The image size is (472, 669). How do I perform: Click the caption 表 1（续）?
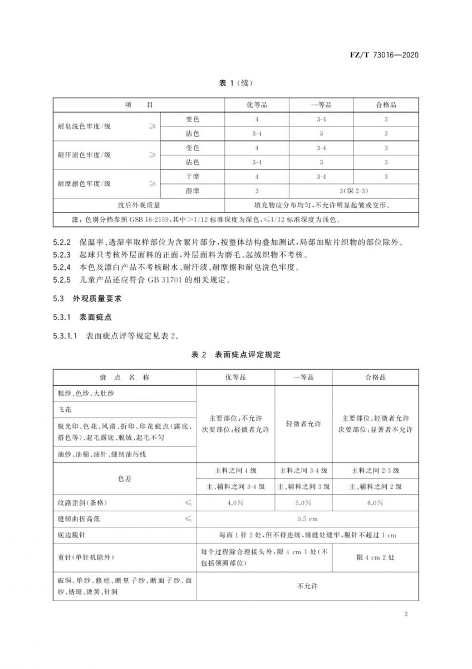coord(236,84)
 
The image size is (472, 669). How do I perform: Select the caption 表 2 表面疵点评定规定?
coord(236,355)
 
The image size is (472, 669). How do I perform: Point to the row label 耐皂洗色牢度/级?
coord(84,127)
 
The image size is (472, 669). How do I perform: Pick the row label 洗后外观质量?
coord(139,205)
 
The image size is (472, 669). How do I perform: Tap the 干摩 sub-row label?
coord(193,177)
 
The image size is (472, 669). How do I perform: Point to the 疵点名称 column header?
coord(125,377)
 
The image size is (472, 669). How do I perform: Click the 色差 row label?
coord(125,478)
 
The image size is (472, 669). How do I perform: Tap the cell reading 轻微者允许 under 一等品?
coord(303,424)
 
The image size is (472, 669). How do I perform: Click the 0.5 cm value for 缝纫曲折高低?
coord(307,519)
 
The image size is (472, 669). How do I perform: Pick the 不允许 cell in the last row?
coord(307,586)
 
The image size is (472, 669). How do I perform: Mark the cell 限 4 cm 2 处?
coord(375,557)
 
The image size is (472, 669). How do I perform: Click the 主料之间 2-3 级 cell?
coord(375,470)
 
